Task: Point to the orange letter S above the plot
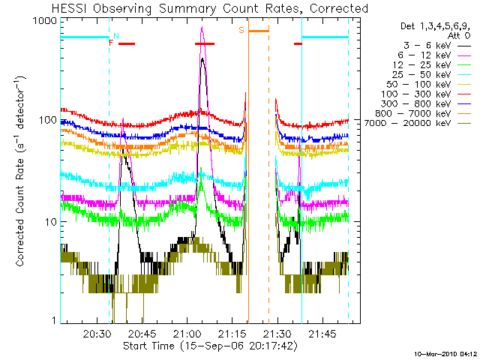coord(241,30)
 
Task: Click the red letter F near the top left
coord(111,43)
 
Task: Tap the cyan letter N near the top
coord(115,36)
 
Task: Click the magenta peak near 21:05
coord(202,28)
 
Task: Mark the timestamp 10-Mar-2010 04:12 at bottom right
coord(445,353)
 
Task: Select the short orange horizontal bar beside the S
coord(259,31)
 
